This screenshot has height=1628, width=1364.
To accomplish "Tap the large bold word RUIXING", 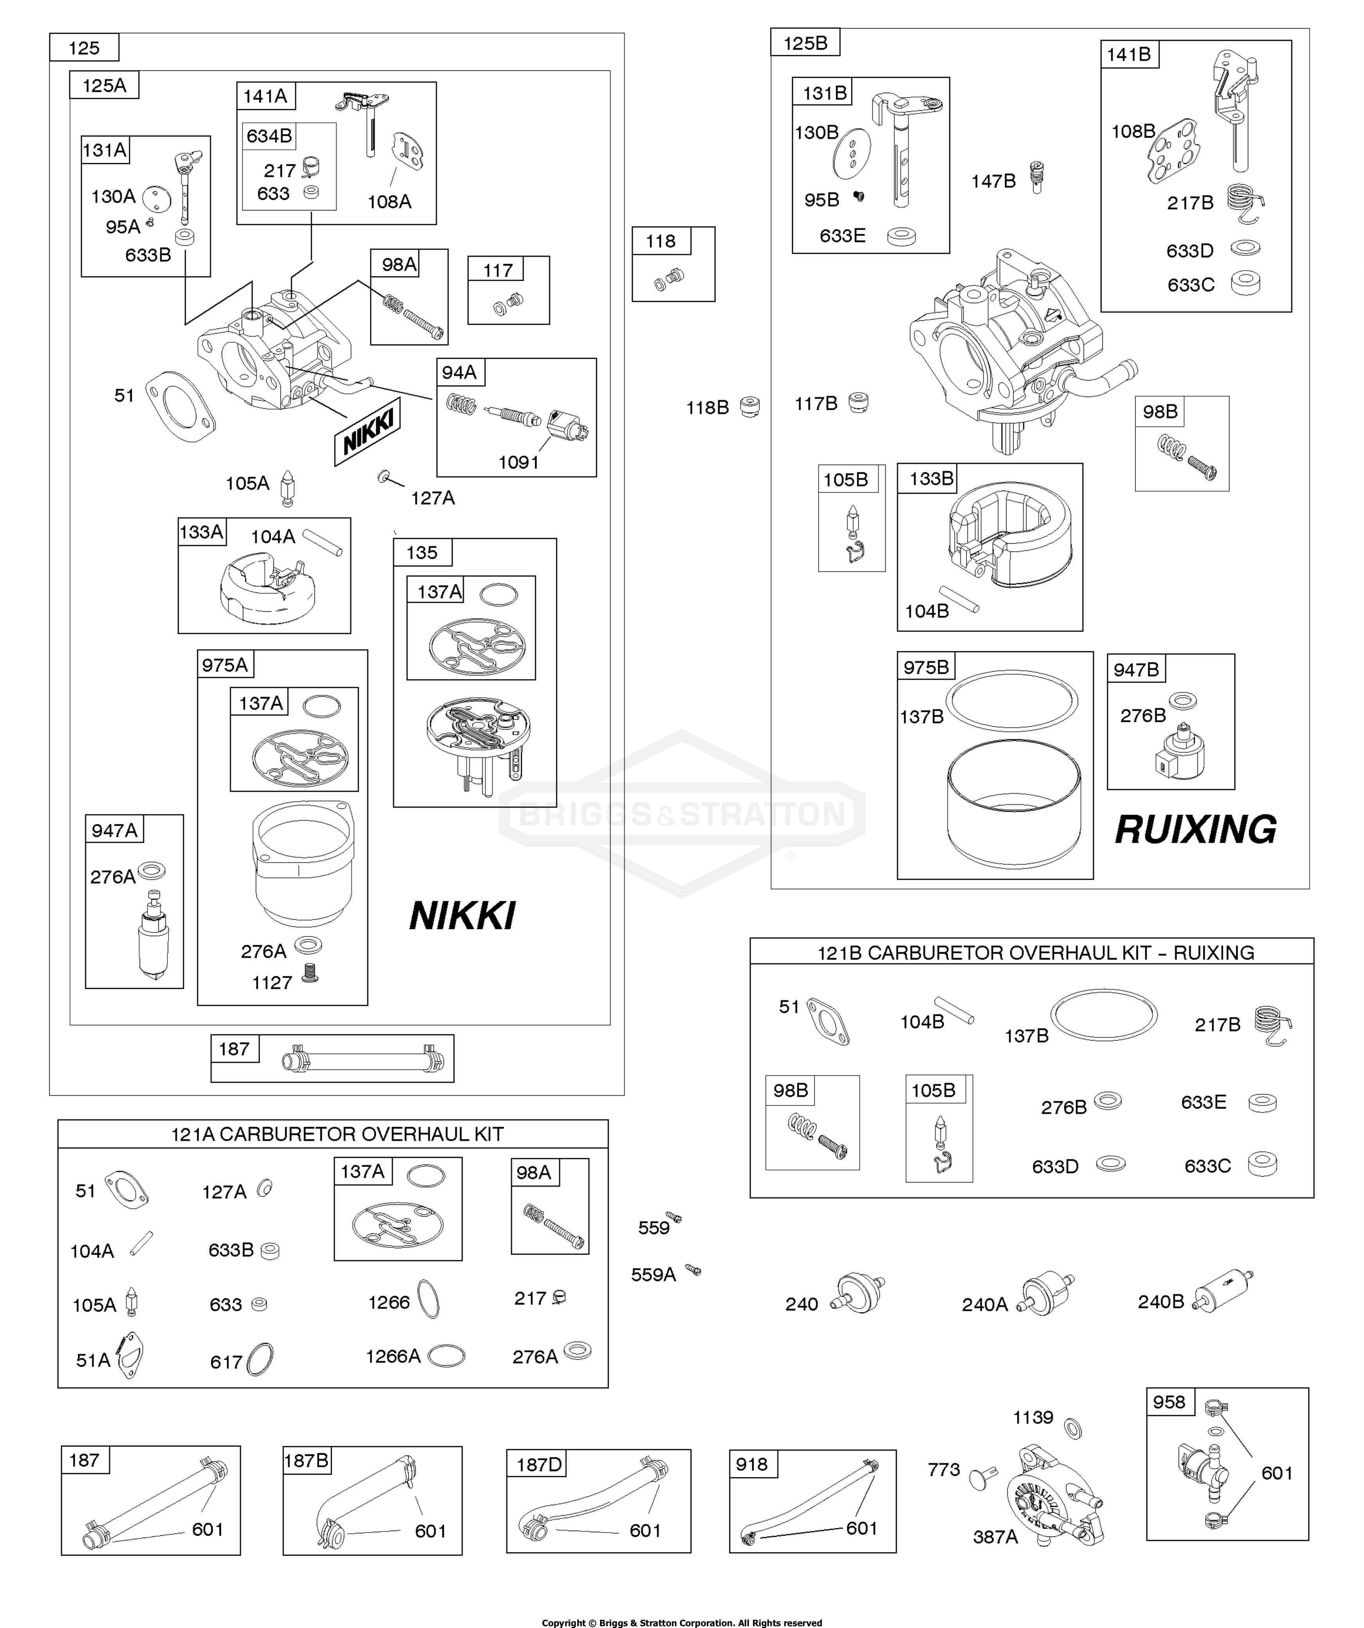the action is (1195, 830).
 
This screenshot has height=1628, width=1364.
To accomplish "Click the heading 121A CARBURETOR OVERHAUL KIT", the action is (337, 1134).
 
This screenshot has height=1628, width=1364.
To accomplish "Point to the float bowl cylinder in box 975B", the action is (1014, 804).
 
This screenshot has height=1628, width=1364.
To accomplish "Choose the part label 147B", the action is (993, 181).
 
